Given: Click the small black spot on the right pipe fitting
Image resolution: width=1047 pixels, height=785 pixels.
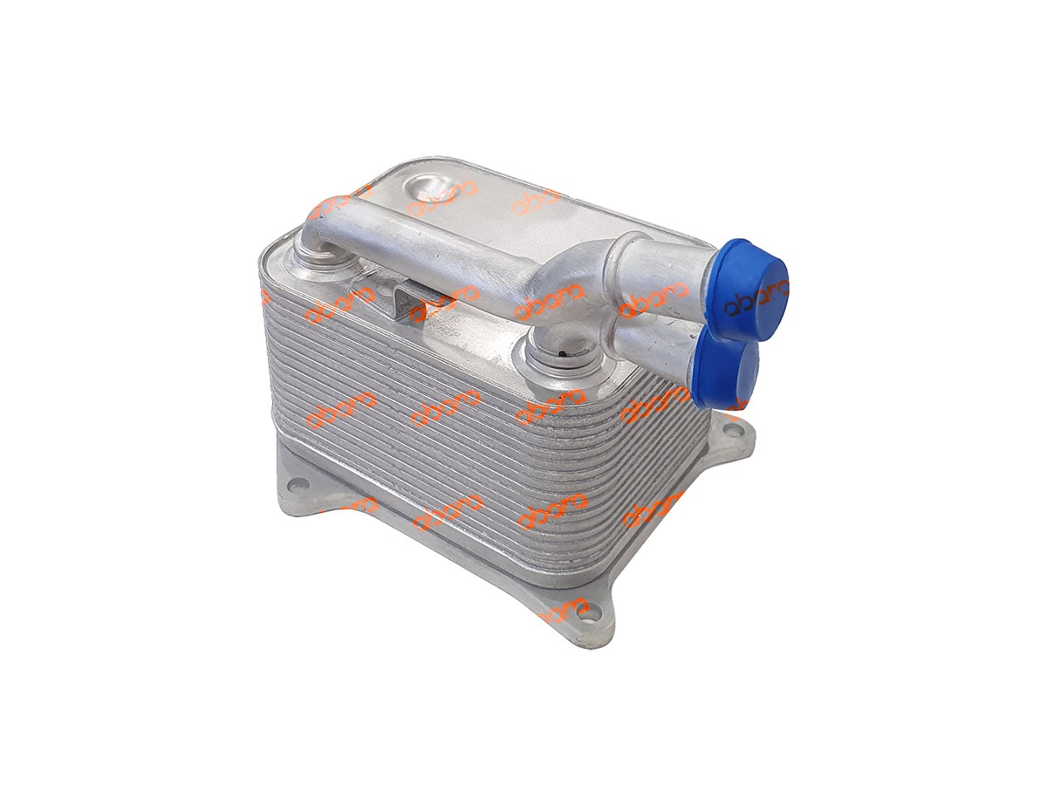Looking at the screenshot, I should (x=566, y=352).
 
